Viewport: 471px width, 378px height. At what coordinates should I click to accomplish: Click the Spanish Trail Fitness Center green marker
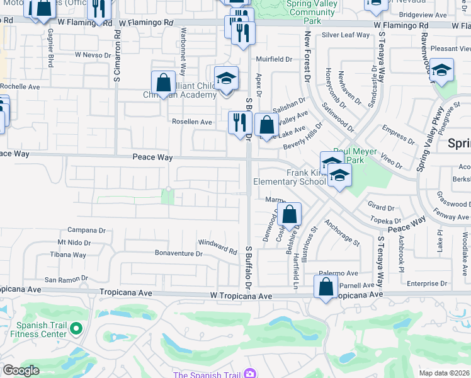[76, 328]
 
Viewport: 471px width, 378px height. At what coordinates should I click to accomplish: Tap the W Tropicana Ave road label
[242, 295]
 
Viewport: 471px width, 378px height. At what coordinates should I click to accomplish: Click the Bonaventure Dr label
[179, 254]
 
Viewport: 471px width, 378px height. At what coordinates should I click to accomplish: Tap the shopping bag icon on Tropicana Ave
[327, 288]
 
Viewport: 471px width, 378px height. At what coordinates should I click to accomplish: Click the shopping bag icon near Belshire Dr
[289, 214]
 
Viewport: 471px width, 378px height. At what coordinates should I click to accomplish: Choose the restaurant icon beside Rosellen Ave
[239, 122]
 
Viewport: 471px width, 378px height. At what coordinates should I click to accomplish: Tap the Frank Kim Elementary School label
[288, 176]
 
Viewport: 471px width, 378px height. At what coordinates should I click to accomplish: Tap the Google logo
[21, 370]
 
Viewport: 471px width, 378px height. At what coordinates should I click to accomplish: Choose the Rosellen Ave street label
[192, 122]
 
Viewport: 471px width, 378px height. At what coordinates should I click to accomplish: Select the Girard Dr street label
[381, 207]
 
